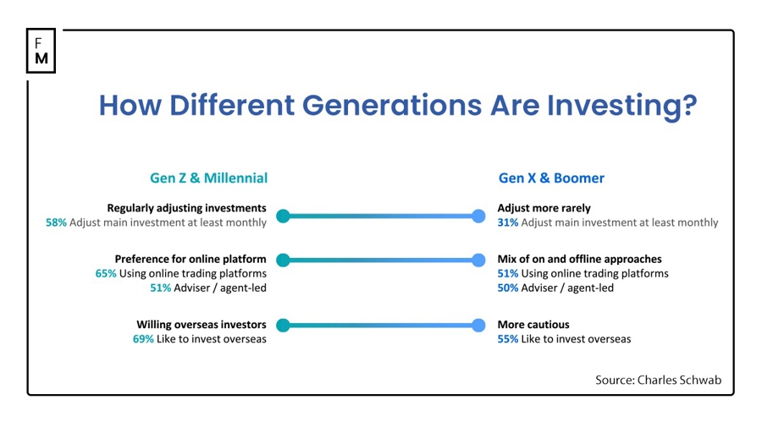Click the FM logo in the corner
(41, 50)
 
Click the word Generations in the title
(394, 106)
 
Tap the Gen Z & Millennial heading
(208, 178)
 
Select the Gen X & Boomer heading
(551, 178)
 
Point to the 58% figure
(56, 222)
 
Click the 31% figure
(508, 222)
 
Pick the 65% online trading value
(106, 273)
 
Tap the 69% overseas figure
(143, 339)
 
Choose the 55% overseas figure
(508, 339)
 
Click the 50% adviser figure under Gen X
(508, 288)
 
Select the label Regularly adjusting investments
(186, 208)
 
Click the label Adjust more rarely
(544, 208)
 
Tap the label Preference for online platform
(190, 259)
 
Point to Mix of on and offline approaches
(579, 259)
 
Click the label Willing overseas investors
(202, 325)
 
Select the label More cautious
(533, 325)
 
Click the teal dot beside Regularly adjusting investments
(283, 216)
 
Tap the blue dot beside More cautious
(478, 325)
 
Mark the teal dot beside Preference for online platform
(283, 260)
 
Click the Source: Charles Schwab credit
(658, 381)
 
